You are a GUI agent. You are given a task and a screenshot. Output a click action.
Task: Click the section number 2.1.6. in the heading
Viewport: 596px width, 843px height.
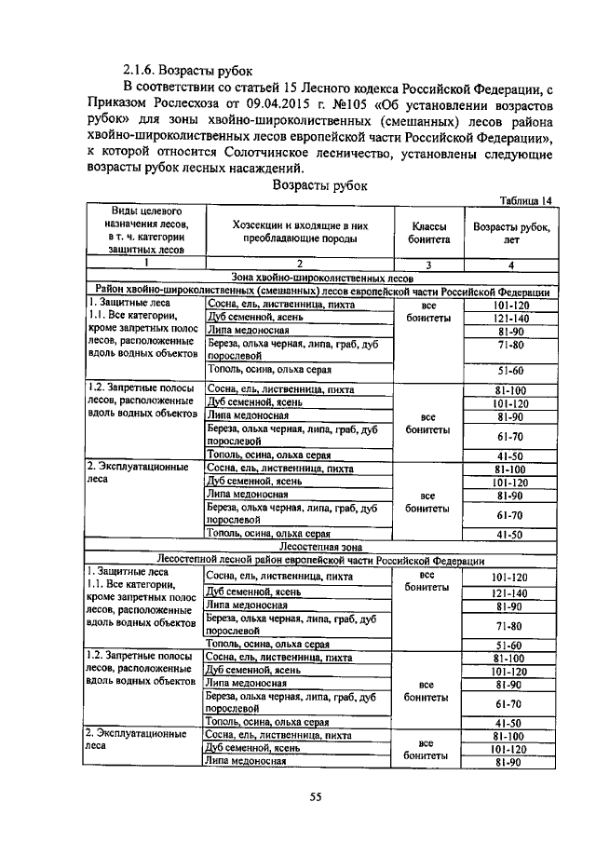[x=140, y=71]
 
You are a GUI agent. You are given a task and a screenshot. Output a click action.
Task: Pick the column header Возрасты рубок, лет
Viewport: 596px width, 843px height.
[x=511, y=232]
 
